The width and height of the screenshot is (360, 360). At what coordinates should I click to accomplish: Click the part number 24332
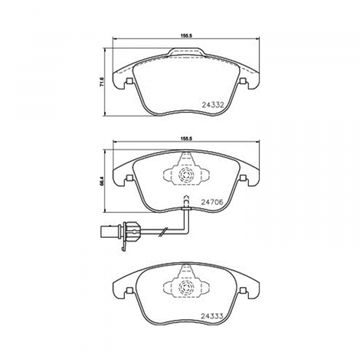[x=213, y=105]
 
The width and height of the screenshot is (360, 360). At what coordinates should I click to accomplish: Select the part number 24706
[x=212, y=202]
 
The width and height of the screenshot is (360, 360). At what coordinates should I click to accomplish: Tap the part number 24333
[x=212, y=317]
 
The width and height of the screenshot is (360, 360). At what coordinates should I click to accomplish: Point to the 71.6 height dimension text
[x=102, y=82]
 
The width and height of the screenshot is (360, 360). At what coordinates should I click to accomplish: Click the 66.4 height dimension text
[x=102, y=181]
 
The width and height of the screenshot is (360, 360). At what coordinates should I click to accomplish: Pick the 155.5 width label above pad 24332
[x=186, y=35]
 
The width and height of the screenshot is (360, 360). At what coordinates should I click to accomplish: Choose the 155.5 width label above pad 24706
[x=186, y=138]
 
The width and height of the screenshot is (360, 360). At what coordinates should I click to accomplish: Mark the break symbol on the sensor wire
[x=162, y=231]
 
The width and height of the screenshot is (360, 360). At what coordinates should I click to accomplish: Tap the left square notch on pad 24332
[x=130, y=81]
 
